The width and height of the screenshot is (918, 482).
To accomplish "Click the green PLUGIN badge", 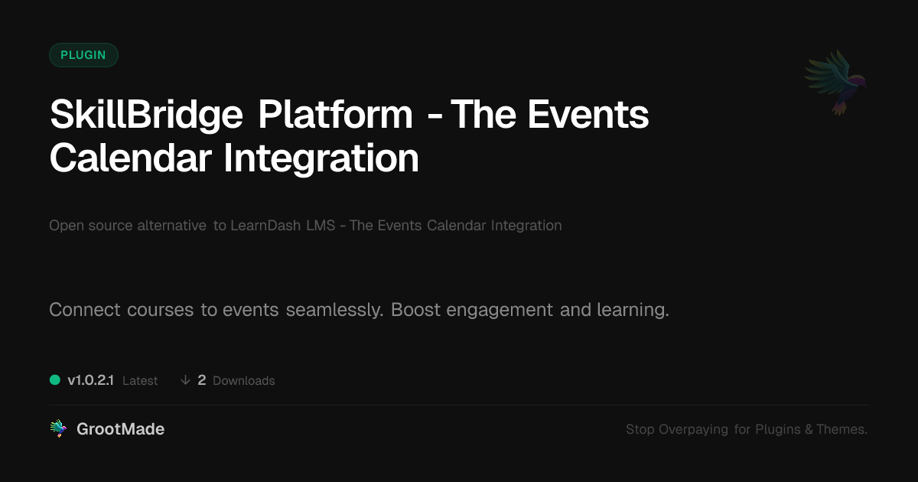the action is coord(83,55).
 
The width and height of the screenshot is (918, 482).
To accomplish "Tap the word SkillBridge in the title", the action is coord(146,116).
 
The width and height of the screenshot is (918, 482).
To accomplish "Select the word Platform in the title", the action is coord(335,114).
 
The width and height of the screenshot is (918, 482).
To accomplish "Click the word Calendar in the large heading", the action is coord(131,158).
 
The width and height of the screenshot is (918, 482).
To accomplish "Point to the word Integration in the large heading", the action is coord(321,159).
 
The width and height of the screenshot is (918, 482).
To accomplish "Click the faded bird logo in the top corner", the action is coord(835,83).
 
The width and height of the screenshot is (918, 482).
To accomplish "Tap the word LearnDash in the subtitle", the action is coord(265,226).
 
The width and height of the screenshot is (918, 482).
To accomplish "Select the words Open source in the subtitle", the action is coord(90,226).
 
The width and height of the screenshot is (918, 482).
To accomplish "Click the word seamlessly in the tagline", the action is coord(334,310).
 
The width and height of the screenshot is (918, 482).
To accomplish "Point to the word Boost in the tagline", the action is coord(415,310).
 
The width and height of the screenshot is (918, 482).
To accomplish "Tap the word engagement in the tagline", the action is coord(500,311).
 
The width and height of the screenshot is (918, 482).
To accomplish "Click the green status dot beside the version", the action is coord(55,380).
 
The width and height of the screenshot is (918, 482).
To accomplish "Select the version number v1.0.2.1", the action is coord(90,380).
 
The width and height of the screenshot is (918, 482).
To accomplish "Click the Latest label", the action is coord(140,381).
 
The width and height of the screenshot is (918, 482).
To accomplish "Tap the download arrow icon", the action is coord(185,380).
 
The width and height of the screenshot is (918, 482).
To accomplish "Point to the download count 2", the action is coord(202,380).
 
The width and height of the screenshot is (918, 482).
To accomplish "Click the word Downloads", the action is coord(244,381).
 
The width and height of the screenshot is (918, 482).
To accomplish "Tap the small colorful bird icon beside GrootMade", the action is coord(58,428).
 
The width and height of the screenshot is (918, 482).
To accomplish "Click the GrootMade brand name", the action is coord(121,429).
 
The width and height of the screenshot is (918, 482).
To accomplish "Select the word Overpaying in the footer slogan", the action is coord(693,429).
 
